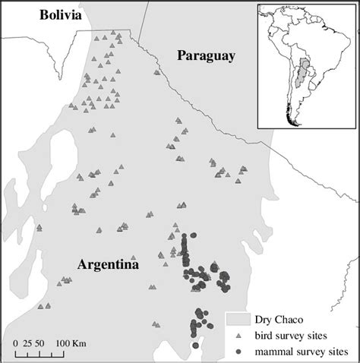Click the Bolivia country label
[x=49, y=15]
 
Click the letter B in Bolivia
[x=26, y=15]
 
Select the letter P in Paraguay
[x=181, y=55]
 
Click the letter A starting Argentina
[x=82, y=264]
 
